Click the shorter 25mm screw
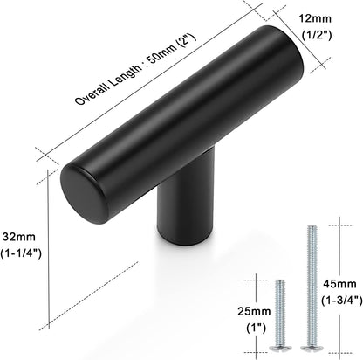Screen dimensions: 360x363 (281, 315)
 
